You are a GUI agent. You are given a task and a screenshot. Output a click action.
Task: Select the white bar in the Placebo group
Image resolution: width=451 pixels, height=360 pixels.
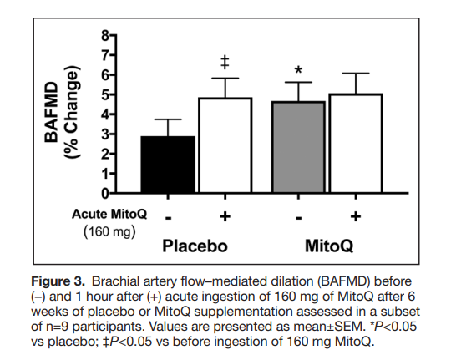pos(224,145)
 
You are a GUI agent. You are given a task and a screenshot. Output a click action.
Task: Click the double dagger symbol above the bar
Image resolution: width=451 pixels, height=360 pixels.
pos(224,63)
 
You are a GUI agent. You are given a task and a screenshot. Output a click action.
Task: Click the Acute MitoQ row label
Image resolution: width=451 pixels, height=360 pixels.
pos(109,214)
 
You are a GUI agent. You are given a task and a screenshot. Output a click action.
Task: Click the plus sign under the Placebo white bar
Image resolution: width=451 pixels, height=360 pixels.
pos(224,216)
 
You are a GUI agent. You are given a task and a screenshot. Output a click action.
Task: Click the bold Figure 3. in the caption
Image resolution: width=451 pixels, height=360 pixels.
pos(58,276)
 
